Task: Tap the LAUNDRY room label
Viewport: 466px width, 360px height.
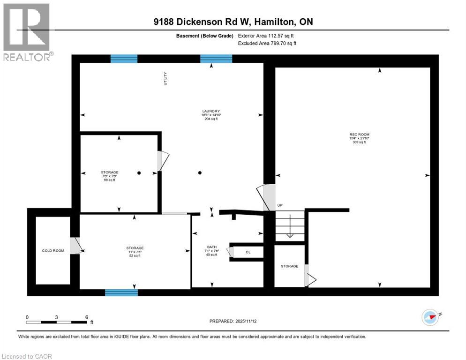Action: [211, 111]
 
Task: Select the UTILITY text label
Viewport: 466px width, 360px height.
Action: [165, 78]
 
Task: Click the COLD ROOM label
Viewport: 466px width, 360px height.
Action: [53, 250]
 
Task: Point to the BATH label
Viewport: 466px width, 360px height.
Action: [212, 247]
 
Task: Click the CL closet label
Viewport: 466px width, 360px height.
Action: [248, 252]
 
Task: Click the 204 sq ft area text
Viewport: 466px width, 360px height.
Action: [211, 119]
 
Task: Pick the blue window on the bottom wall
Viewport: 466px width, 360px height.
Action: [121, 292]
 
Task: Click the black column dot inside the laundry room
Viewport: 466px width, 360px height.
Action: [200, 173]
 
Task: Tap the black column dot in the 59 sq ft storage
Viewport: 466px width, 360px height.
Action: [139, 173]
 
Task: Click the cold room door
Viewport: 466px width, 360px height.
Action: [75, 246]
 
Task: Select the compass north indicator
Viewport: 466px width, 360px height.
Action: [431, 317]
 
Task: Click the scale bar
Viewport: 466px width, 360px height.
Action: [57, 322]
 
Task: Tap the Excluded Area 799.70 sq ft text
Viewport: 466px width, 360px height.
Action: [267, 43]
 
